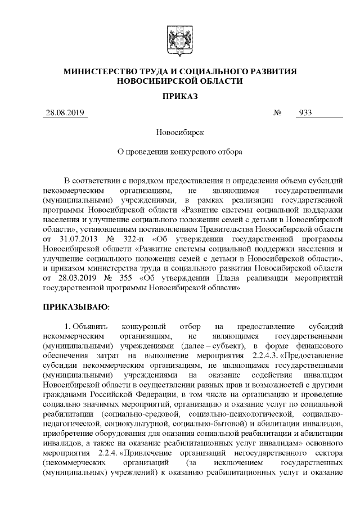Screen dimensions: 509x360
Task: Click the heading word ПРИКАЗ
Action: pos(179,96)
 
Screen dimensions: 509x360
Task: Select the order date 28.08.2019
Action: pos(65,112)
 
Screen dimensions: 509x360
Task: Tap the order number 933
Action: pos(305,112)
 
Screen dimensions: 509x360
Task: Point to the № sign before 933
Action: pos(277,112)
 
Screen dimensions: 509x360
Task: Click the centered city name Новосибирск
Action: pos(179,133)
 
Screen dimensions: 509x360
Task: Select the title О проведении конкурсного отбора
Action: pos(179,152)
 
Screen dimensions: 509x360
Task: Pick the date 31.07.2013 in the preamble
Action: pos(74,239)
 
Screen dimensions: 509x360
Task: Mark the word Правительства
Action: pos(225,229)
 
